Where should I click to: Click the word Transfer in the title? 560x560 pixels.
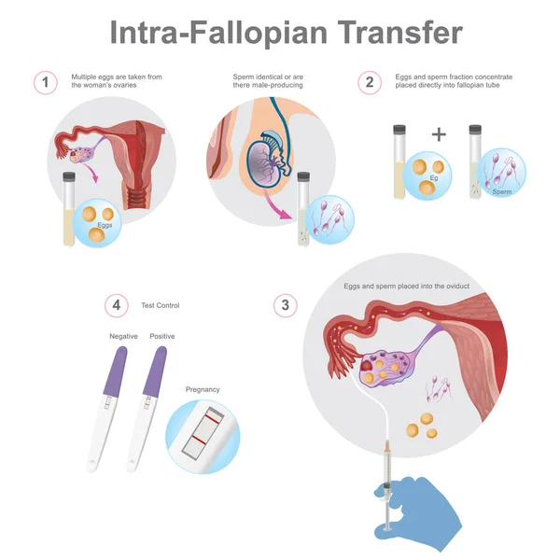pos(399,33)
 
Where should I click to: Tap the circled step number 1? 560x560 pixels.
pos(46,82)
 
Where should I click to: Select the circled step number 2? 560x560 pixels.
pos(370,82)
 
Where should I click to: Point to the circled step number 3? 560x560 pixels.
pos(285,305)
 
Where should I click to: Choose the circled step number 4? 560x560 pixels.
pos(117,305)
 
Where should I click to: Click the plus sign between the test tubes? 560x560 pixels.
pos(439,134)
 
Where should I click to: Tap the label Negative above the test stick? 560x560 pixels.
pos(123,336)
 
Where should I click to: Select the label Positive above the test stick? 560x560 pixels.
pos(162,336)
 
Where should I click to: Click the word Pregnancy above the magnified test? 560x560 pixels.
pos(203,389)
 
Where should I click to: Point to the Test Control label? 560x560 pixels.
pos(161,305)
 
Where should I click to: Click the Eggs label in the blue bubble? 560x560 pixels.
pos(105,225)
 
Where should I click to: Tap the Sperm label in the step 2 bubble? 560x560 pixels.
pos(502,191)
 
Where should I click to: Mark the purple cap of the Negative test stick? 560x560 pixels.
pos(116,371)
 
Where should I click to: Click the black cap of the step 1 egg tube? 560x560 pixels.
pos(69,175)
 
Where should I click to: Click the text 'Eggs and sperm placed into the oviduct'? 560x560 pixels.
pos(406,287)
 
